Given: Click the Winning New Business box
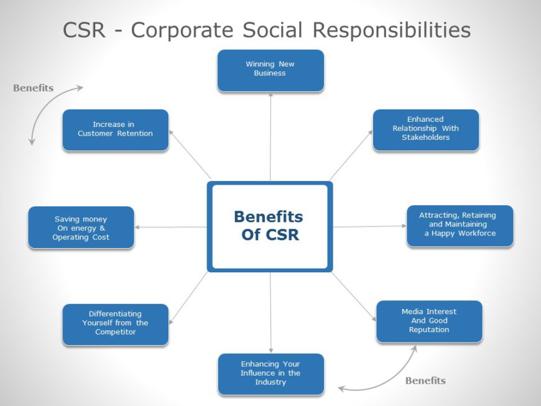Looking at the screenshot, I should point(270,70).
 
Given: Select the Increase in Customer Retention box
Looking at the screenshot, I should point(115,130).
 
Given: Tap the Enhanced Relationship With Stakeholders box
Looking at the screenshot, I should point(425,129).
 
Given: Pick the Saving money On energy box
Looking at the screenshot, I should point(81,228).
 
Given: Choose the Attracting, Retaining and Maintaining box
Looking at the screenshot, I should point(460,225).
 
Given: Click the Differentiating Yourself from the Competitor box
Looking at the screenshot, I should point(115,324).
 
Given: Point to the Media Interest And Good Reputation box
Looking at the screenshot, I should point(428,321).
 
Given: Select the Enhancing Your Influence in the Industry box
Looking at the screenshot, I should point(270,374).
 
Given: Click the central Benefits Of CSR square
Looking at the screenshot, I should point(269,226).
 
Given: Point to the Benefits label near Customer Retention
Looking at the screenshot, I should point(34,88).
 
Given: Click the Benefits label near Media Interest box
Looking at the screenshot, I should point(425,381).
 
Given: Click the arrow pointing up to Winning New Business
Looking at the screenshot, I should point(270,137).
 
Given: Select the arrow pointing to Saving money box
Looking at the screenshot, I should point(171,227).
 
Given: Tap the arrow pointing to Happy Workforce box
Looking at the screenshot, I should point(370,226).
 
